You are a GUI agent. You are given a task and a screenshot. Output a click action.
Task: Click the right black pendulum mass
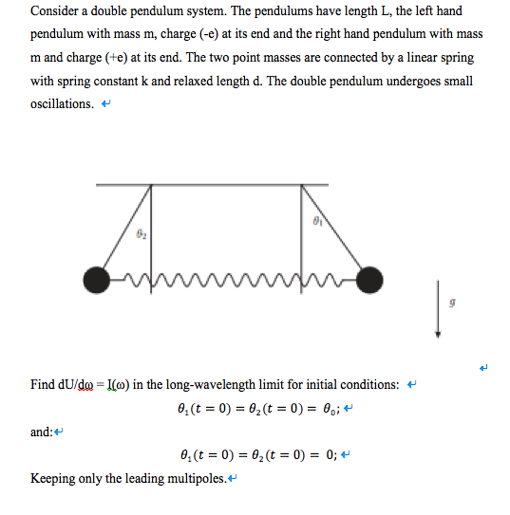point(368,280)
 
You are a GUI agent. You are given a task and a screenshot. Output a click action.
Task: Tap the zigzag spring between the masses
point(233,278)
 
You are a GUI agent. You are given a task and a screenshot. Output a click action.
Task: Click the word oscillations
point(61,103)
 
